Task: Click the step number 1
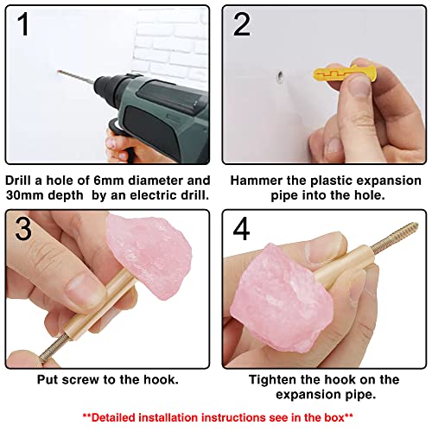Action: [x=23, y=24]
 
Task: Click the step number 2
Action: [x=241, y=25]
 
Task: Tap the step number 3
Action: [x=23, y=229]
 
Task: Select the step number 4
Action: [x=241, y=229]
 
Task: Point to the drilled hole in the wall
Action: [x=280, y=76]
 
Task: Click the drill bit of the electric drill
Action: [x=76, y=77]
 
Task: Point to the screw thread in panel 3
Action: [x=53, y=348]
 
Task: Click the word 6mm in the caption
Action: [x=109, y=181]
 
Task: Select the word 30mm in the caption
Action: [x=24, y=195]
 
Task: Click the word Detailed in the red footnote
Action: [x=113, y=417]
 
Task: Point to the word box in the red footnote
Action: [x=334, y=417]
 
